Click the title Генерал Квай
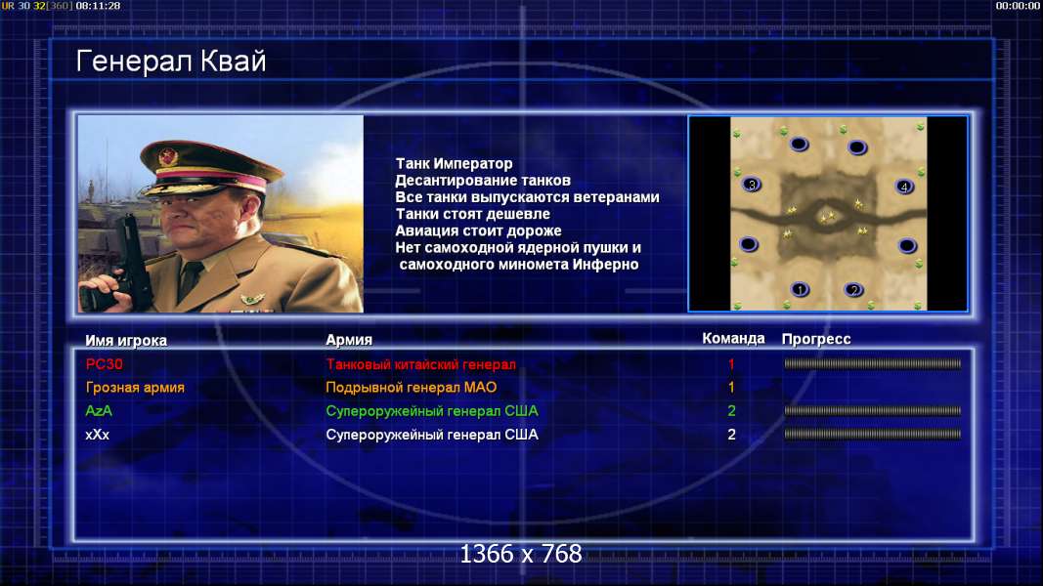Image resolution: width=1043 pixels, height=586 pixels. pos(171,62)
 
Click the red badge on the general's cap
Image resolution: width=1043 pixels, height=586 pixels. pos(167,157)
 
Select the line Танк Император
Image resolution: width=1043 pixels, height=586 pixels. pos(454,163)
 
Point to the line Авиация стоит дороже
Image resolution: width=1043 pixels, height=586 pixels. pos(478,231)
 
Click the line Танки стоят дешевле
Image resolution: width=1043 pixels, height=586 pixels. pos(473,214)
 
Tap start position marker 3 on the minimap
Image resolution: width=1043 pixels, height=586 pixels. pos(752,185)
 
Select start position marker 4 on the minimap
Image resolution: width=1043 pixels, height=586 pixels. pos(904,187)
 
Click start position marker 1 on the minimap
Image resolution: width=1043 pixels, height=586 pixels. pos(801,289)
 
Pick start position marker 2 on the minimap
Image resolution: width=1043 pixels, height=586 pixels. pos(853,290)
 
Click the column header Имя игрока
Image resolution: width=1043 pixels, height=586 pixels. pos(126,340)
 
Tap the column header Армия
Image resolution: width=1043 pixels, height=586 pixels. pos(349,340)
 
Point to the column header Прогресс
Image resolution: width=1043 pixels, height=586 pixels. pos(816,339)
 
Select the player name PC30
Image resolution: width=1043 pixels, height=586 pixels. pos(105,364)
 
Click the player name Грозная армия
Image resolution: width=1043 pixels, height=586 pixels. pos(135,388)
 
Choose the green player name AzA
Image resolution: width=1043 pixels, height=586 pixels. pos(99,411)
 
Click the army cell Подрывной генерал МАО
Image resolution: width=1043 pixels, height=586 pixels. pos(412,388)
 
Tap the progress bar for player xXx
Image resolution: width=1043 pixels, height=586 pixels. pos(872,435)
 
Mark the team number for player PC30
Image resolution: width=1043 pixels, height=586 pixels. pos(731,364)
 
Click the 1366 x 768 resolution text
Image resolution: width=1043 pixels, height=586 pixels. pos(521,554)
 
